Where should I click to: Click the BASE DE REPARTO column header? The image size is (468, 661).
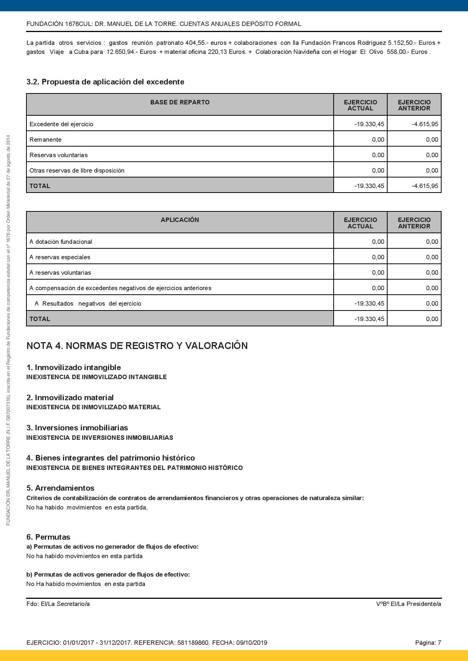pos(180,103)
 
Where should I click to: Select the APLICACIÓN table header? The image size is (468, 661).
pos(180,220)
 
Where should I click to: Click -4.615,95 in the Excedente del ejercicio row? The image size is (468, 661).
pos(425,124)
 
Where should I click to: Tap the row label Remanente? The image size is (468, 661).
pos(45,139)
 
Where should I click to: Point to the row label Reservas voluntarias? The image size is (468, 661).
pos(58,155)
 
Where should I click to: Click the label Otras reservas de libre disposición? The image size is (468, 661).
pos(77,170)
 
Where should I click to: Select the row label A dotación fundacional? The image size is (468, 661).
pos(61,242)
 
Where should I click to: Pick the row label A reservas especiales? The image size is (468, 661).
pos(60,257)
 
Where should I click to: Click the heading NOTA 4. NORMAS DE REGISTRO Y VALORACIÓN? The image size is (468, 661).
pos(137,346)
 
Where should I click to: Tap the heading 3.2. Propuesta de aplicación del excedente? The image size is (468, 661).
pos(105,82)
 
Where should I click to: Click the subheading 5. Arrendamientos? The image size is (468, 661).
pos(60,488)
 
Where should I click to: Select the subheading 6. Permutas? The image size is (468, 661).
pos(48,537)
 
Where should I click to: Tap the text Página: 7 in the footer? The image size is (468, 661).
pos(428,643)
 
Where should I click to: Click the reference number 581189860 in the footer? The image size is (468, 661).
pos(193,643)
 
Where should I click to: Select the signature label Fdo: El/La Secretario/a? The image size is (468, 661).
pos(58,604)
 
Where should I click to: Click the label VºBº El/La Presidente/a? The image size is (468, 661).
pos(408,604)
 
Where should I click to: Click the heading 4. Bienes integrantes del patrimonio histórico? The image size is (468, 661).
pos(111,458)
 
